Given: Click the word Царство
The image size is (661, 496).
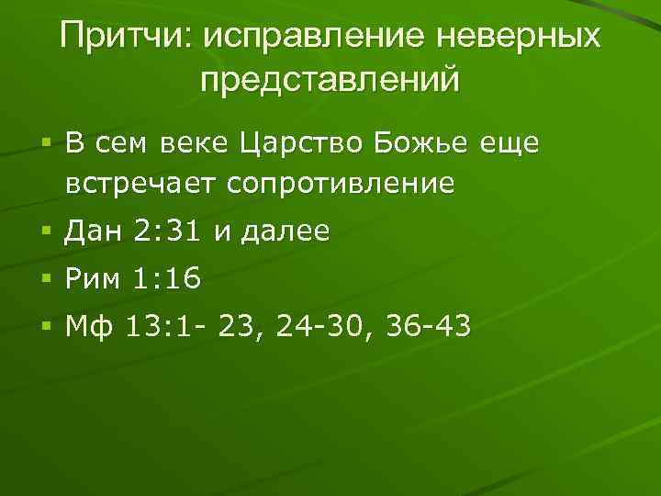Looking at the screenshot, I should [291, 145].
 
